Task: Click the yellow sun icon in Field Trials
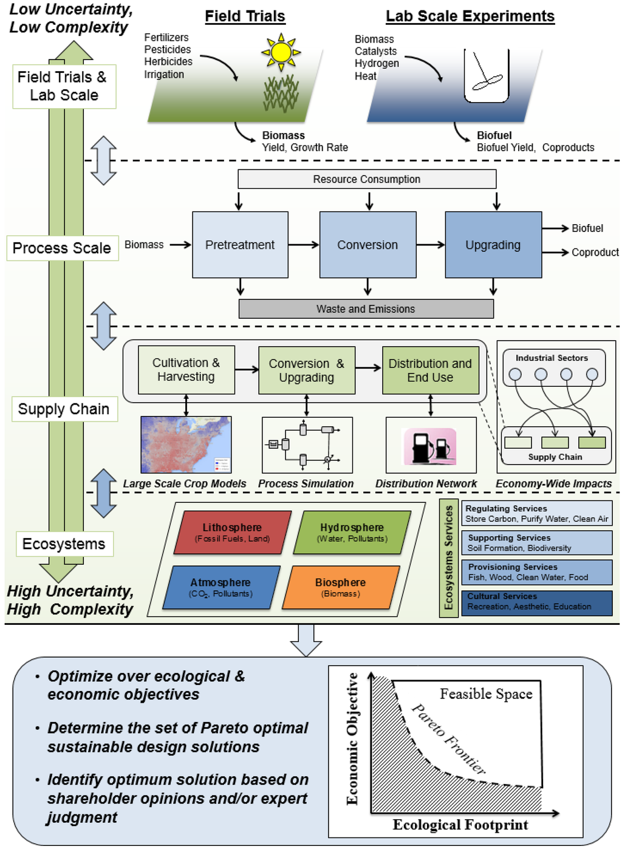coord(281,52)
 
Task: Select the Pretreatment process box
coord(240,245)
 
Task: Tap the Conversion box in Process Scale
coord(367,245)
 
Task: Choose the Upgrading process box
coord(493,245)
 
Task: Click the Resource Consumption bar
coord(367,179)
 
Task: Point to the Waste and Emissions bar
coord(366,309)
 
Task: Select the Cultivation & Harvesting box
coord(186,370)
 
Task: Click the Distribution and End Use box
coord(430,370)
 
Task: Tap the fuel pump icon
coord(430,446)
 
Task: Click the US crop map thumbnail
coord(186,445)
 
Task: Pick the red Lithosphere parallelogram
coord(232,533)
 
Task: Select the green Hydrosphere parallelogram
coord(352,533)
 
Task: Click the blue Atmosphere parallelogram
coord(220,587)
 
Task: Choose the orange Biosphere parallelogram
coord(341,587)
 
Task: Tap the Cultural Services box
coord(536,602)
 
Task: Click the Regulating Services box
coord(536,514)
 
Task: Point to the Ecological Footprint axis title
coord(460,825)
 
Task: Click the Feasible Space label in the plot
coord(486,694)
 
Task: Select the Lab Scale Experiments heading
coord(470,16)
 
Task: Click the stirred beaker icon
coord(487,76)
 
